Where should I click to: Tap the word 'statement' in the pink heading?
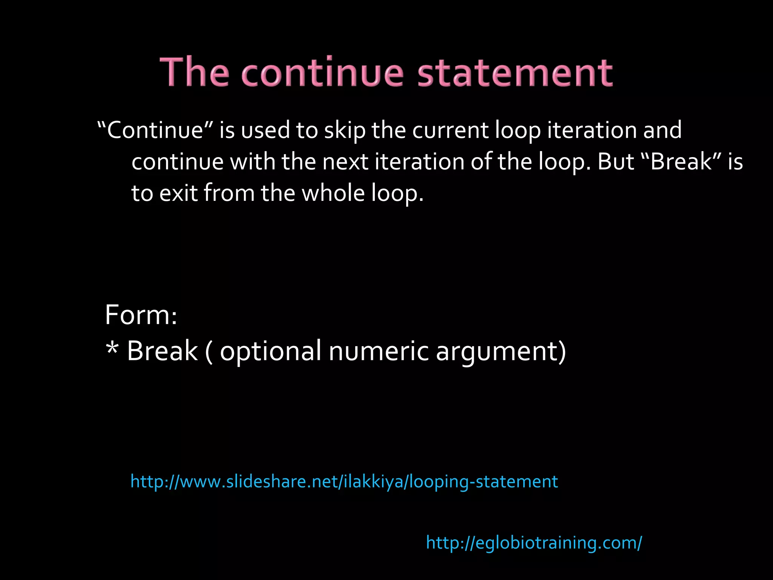(x=515, y=72)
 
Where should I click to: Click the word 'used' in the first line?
(x=266, y=130)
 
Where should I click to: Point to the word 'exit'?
(x=178, y=193)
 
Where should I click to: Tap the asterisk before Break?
(x=112, y=349)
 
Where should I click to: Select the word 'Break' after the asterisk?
(x=162, y=351)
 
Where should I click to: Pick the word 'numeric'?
(x=379, y=351)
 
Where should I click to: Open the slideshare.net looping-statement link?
(x=344, y=482)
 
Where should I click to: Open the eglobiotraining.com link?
(x=534, y=543)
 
